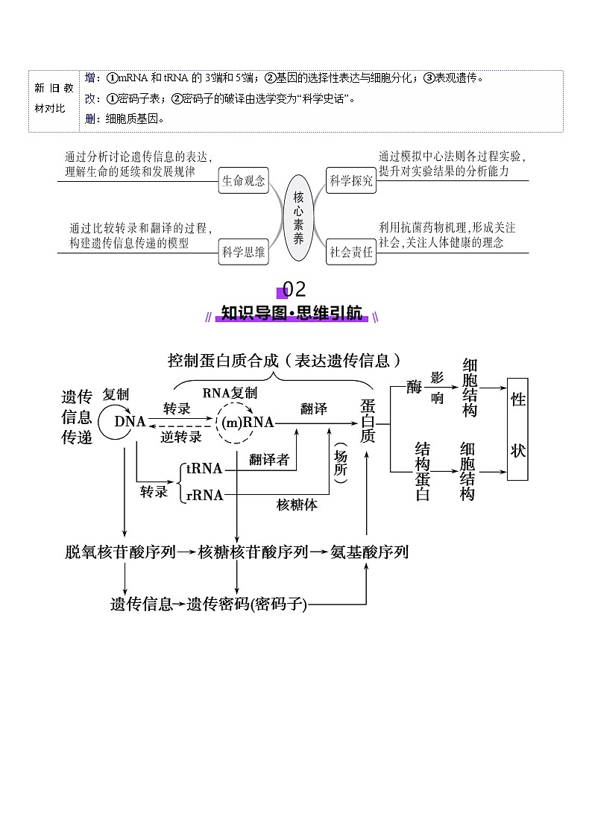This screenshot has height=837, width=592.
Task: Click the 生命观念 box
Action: coord(243,181)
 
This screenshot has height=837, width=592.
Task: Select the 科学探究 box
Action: coord(351,181)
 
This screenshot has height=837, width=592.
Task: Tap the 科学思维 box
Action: coord(243,252)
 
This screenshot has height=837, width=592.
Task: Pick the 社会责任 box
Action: coord(351,252)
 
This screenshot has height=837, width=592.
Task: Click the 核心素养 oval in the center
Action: coord(298,217)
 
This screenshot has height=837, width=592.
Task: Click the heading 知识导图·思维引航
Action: coord(292,313)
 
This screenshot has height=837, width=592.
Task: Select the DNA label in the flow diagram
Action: coord(130,422)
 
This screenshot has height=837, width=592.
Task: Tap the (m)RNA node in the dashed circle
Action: coord(248,423)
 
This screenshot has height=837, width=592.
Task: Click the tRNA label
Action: coord(204,469)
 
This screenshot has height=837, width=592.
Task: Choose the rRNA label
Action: coord(204,494)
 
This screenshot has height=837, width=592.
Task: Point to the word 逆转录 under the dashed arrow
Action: coord(181,438)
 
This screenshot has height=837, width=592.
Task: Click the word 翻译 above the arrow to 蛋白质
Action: coord(314,408)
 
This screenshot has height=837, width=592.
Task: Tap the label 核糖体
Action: coord(297,505)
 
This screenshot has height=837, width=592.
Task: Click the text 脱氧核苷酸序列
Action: coord(120,552)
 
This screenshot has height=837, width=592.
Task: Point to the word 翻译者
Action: coord(269,459)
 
